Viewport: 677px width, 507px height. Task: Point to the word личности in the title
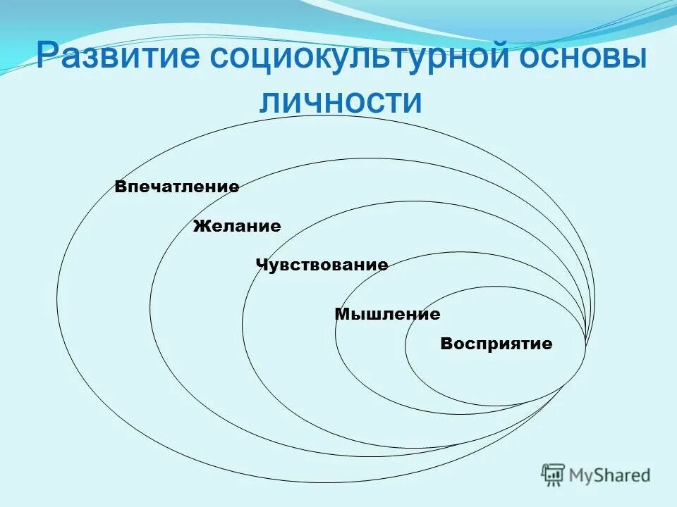(x=340, y=101)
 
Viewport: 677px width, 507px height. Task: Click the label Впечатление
(x=177, y=187)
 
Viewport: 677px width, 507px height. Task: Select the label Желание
(x=237, y=227)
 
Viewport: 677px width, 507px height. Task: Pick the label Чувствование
(x=322, y=265)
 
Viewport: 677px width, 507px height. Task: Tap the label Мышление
(x=387, y=314)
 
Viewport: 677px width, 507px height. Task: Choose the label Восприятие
(x=496, y=344)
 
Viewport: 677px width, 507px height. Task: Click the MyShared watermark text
(x=610, y=476)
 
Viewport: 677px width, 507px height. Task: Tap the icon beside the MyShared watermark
(x=554, y=475)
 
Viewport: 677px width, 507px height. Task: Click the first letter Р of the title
(x=48, y=56)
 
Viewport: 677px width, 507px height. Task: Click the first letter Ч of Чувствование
(x=260, y=265)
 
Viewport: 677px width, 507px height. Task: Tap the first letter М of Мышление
(x=341, y=314)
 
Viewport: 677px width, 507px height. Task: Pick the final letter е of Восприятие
(x=547, y=345)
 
